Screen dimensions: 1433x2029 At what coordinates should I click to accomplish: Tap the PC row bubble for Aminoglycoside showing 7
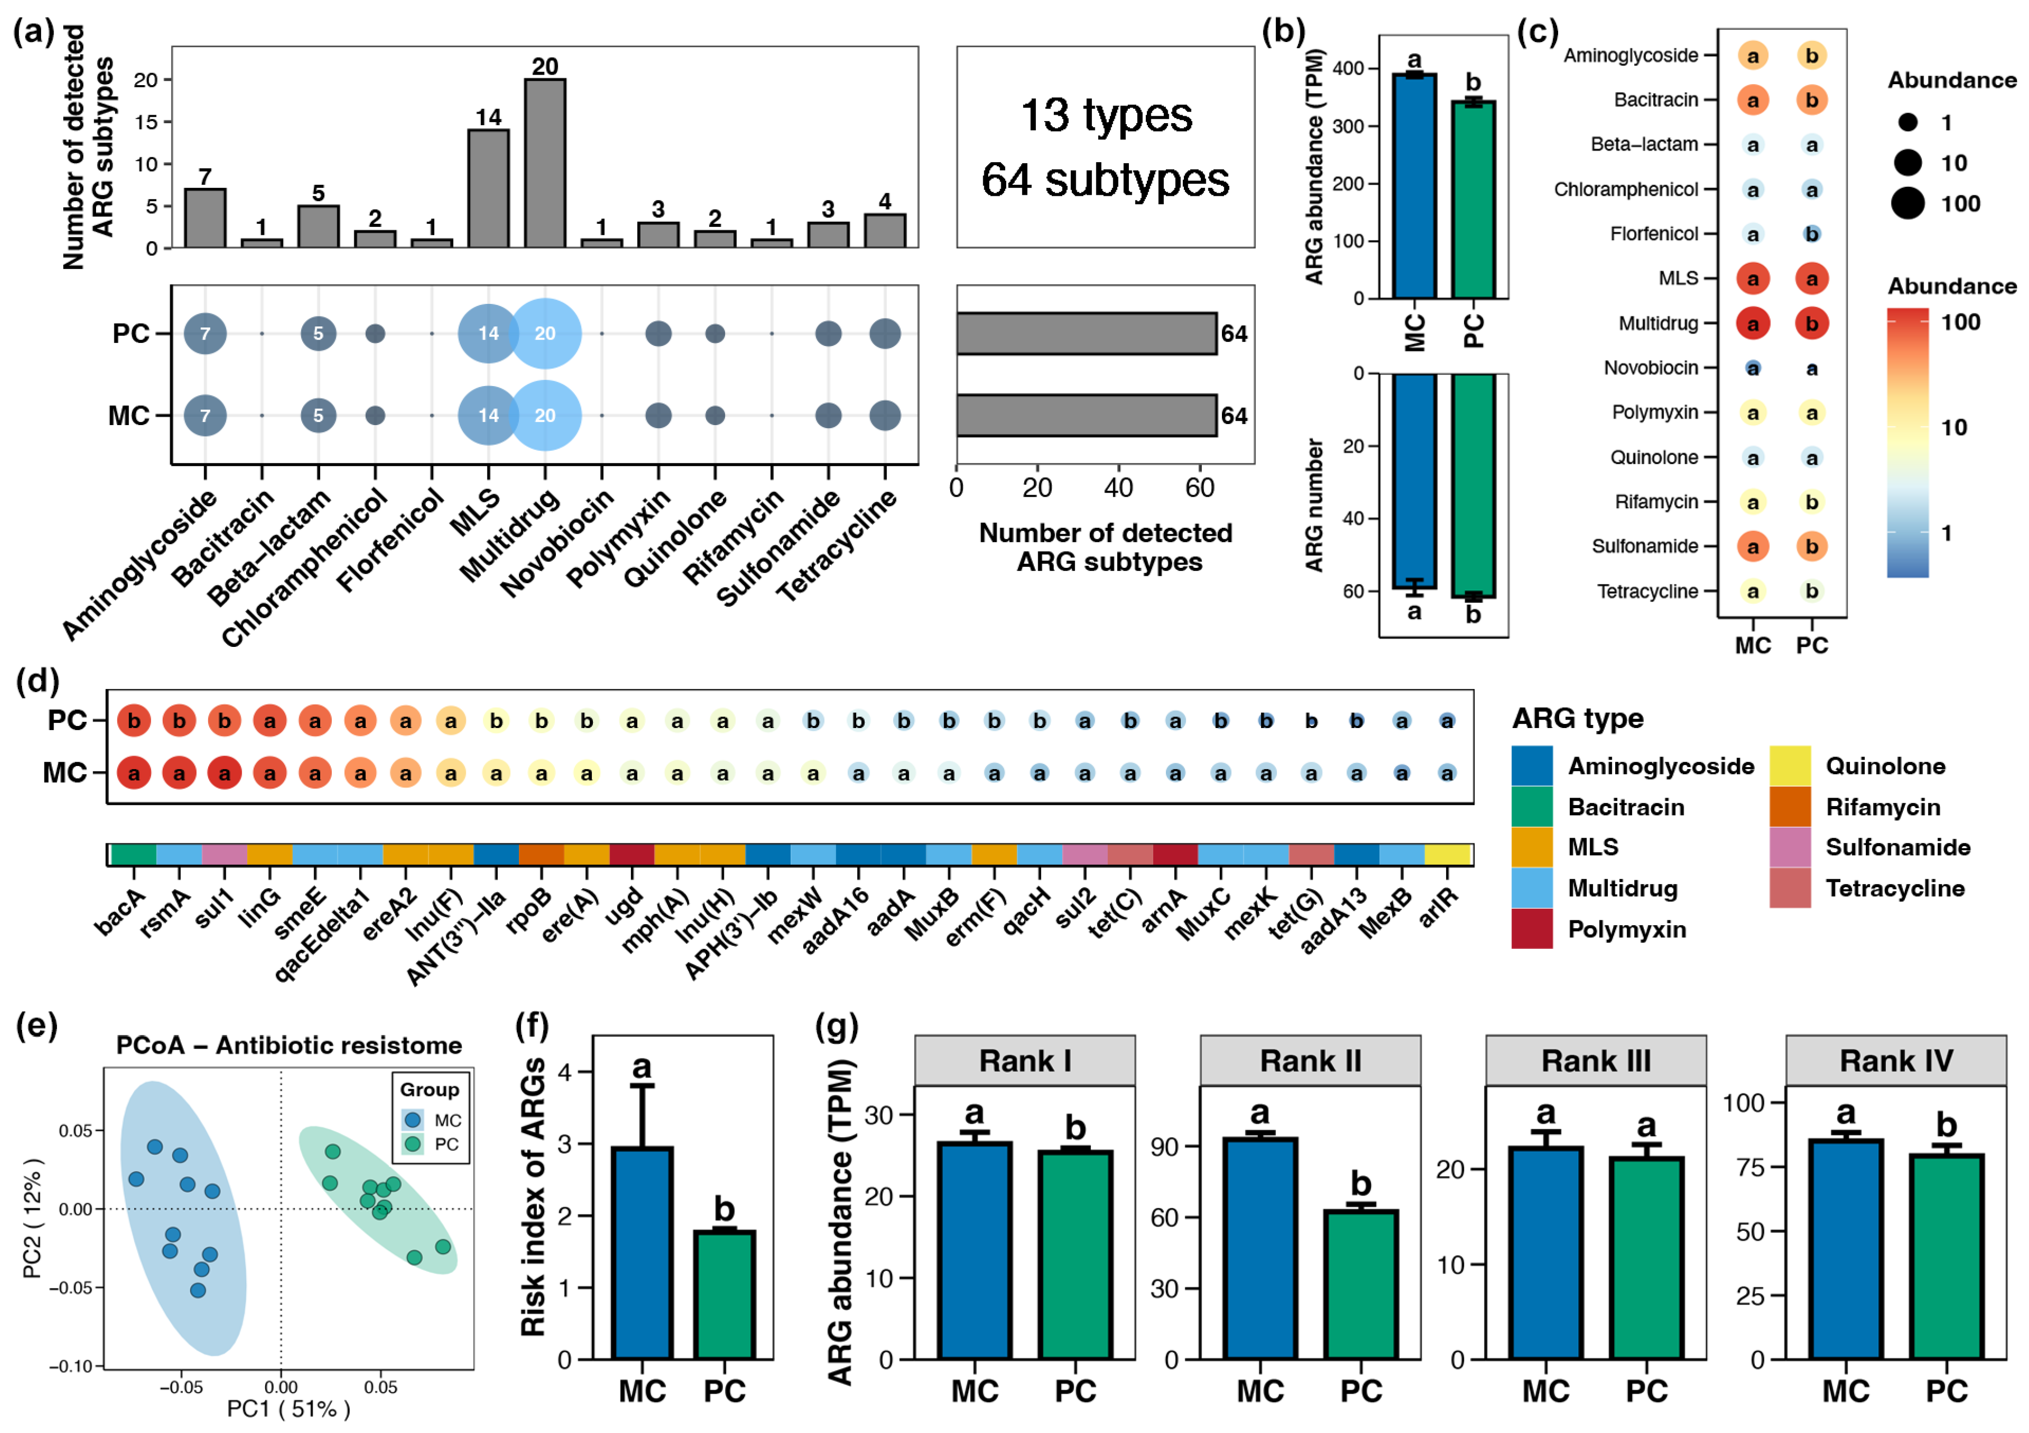205,333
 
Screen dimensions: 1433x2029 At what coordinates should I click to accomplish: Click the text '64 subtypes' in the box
1105,179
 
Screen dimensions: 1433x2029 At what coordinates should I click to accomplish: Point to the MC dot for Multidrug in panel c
1752,323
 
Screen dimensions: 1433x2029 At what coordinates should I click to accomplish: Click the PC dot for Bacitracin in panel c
1812,100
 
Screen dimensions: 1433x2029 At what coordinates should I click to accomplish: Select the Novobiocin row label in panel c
1651,368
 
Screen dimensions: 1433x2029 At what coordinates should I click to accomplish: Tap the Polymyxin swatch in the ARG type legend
1532,929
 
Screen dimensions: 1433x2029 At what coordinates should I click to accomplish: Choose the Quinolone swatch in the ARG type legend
1789,766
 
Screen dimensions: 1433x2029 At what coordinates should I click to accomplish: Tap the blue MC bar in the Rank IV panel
1845,1248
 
